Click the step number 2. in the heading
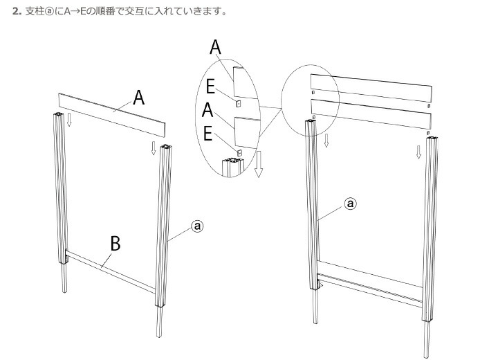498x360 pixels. [x=17, y=12]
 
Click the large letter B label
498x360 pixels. [x=116, y=243]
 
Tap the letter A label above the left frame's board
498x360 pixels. [x=139, y=98]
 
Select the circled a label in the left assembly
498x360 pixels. [x=197, y=226]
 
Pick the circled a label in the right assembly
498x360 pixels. [x=350, y=204]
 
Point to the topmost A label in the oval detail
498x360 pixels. [x=215, y=47]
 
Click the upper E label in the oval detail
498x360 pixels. [x=210, y=87]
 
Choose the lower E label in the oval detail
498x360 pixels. [x=207, y=133]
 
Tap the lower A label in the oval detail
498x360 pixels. [x=207, y=109]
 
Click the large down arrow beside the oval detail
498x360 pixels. [x=259, y=164]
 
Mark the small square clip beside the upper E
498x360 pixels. [x=238, y=103]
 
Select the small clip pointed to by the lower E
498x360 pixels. [x=240, y=152]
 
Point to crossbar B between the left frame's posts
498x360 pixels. [x=111, y=270]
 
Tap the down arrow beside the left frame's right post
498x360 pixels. [x=154, y=148]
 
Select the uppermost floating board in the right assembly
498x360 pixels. [x=371, y=88]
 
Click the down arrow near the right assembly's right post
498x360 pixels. [x=418, y=152]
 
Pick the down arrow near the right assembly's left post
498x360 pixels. [x=326, y=141]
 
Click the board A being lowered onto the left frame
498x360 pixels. [x=112, y=115]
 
